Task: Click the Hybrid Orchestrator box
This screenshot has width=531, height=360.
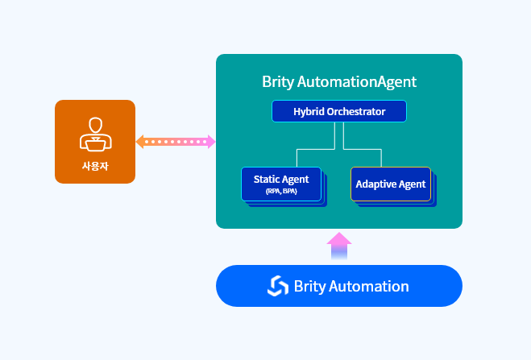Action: point(338,111)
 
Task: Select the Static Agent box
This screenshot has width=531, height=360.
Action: point(280,184)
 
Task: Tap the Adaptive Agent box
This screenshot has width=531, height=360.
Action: point(390,184)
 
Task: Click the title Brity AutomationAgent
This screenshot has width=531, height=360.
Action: point(338,81)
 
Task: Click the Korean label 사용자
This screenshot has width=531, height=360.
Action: point(95,166)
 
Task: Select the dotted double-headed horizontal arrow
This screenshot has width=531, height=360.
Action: point(176,143)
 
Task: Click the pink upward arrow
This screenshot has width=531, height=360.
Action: point(339,246)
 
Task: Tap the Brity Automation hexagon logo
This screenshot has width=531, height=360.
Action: point(278,286)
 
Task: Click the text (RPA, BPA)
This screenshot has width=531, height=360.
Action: point(281,192)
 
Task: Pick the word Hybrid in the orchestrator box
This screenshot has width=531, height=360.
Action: point(309,111)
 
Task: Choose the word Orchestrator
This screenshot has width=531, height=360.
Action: point(357,111)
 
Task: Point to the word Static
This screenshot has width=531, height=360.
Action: point(268,179)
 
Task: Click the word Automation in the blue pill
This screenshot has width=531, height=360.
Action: point(367,286)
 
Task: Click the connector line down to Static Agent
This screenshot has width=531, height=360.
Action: point(297,158)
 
